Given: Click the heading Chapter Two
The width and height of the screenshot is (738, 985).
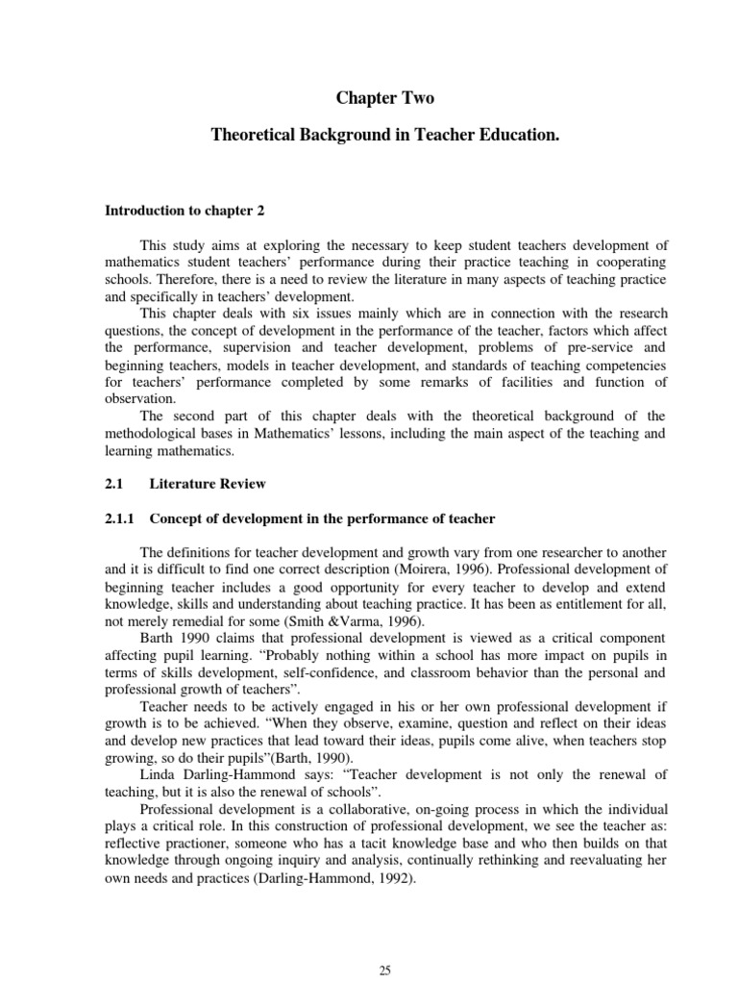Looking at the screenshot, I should click(384, 97).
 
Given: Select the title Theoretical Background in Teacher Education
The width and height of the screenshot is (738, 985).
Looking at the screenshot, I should click(384, 138).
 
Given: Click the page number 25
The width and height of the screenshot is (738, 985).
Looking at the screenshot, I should click(384, 972).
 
